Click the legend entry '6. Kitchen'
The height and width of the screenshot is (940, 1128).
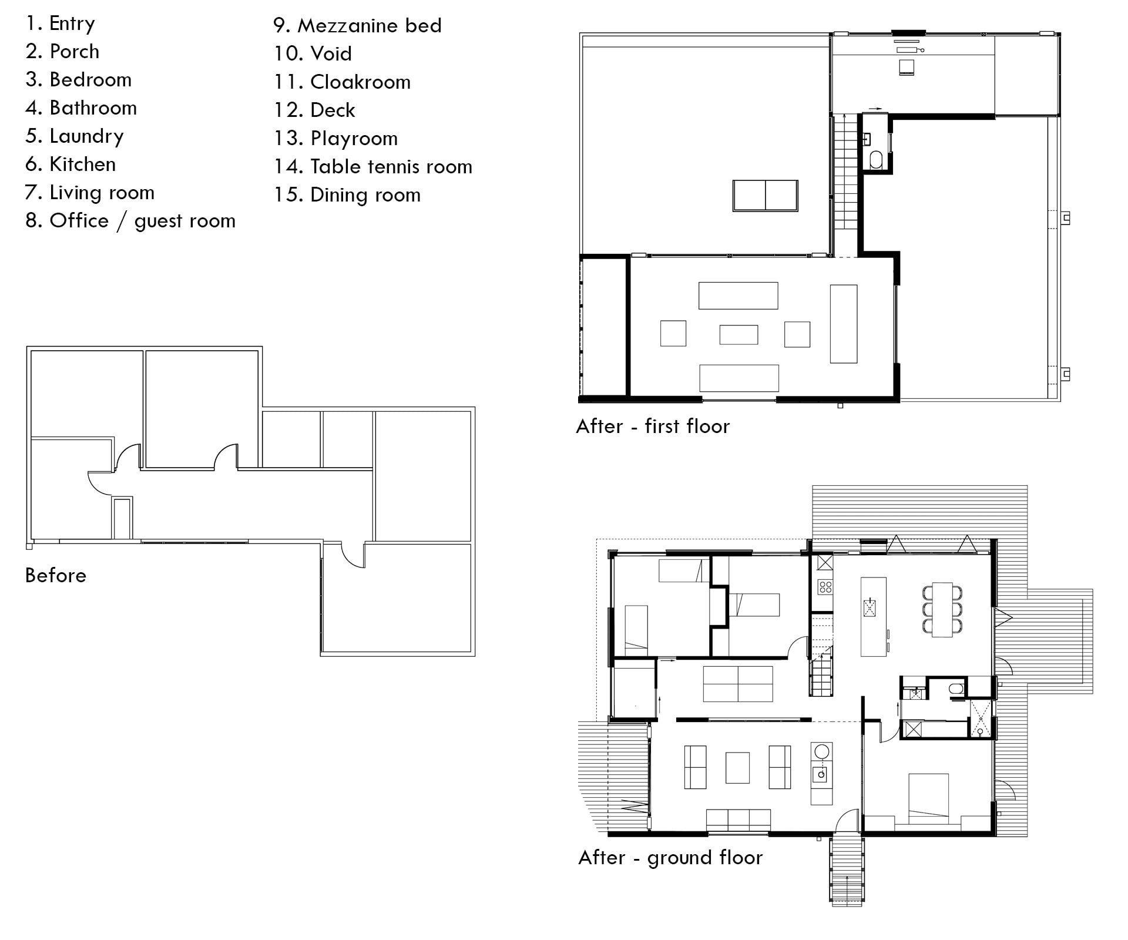70,164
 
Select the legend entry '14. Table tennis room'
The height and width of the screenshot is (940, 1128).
373,167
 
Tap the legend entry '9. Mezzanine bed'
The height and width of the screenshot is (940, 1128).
357,26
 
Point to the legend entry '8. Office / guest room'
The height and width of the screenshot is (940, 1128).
130,221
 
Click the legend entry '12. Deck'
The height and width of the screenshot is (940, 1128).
314,110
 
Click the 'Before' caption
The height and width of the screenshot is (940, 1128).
56,575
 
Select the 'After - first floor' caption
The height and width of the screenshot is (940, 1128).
653,426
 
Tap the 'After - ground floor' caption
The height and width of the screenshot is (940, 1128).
670,858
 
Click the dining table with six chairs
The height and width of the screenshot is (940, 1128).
942,609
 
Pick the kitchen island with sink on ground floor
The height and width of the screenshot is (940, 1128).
874,616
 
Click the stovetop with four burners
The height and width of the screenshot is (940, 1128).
825,587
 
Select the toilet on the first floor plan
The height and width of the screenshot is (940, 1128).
876,159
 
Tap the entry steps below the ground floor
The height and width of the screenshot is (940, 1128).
847,869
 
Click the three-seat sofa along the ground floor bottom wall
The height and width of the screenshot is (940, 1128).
738,821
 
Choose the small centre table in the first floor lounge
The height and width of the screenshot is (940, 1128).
738,335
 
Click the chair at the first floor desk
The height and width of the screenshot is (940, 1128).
907,67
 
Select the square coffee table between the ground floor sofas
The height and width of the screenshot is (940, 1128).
737,768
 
